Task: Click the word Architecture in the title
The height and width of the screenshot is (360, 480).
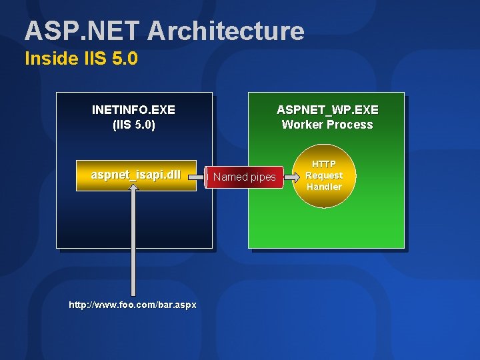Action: point(226,31)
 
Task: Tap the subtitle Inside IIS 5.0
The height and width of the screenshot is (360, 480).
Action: point(81,59)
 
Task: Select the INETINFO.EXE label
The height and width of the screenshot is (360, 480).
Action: point(133,109)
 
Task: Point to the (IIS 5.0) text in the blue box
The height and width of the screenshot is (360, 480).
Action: point(134,125)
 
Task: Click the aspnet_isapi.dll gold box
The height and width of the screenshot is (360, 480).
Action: point(136,175)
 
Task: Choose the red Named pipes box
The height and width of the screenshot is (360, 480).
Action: point(244,177)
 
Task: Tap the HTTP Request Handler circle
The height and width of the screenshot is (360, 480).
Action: point(324,175)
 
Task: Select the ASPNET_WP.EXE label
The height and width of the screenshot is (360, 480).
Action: point(327,109)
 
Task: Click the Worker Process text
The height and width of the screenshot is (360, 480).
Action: point(327,125)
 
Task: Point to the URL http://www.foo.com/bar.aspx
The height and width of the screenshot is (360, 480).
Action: point(133,305)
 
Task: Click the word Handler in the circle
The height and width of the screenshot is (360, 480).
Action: point(324,187)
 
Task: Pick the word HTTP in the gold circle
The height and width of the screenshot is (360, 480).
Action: point(324,164)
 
